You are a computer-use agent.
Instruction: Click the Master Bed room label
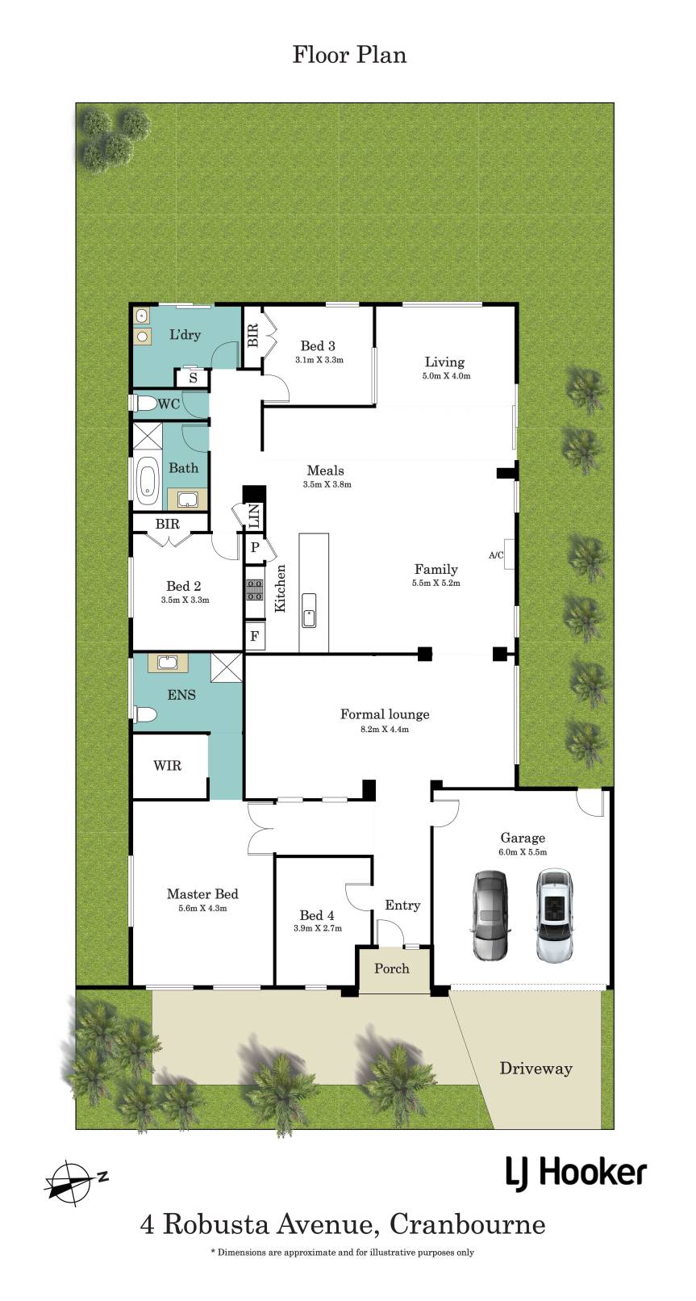click(202, 894)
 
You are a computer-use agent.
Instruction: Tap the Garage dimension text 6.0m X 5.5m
click(523, 852)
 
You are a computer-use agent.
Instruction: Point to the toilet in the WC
click(144, 403)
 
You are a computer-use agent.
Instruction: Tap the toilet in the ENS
click(145, 713)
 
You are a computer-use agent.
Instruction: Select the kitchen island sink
click(309, 610)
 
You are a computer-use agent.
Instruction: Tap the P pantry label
click(255, 547)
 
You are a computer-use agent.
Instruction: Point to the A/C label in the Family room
click(496, 555)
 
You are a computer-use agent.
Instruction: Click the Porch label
click(392, 968)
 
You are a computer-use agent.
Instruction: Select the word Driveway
click(536, 1069)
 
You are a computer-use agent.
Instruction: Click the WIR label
click(167, 765)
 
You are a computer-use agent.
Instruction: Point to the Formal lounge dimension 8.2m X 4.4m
click(385, 729)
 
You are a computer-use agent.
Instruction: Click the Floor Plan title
click(349, 55)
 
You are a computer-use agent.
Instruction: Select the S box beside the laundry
click(193, 378)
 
